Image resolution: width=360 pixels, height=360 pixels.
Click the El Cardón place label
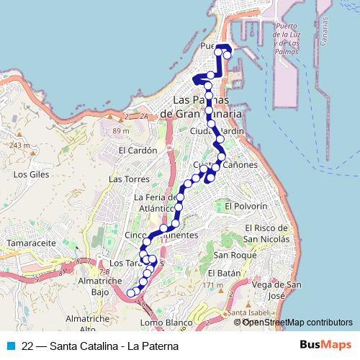pos(138,151)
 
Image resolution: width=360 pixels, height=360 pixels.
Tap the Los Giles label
pos(30,174)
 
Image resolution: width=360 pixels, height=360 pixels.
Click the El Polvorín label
pos(246,206)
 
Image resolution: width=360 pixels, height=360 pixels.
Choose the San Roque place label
pos(230,255)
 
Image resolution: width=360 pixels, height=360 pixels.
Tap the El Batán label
pos(223,274)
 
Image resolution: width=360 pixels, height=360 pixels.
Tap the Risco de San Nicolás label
pos(265,233)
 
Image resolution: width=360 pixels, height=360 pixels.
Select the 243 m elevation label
pos(19,145)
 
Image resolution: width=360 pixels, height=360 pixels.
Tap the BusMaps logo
pos(330,346)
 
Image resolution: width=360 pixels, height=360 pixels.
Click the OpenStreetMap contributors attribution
pos(297,322)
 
